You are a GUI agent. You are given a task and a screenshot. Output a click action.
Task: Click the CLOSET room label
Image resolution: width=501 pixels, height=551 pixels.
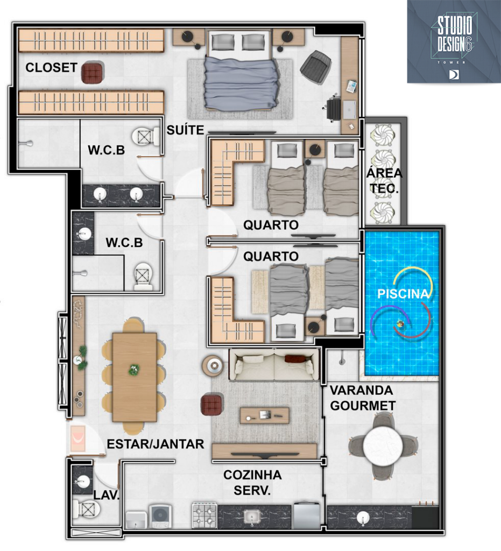tap(51, 67)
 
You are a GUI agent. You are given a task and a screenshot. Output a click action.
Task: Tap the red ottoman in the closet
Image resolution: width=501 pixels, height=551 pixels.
tap(92, 73)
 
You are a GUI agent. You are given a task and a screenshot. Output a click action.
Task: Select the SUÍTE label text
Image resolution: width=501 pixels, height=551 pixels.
tap(185, 130)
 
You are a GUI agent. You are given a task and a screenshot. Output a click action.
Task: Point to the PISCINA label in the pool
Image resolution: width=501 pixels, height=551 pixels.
tap(403, 294)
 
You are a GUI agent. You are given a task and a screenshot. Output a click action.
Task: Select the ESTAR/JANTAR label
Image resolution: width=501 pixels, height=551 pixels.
tap(156, 444)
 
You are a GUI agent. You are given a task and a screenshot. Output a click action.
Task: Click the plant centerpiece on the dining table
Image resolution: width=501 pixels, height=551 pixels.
tap(134, 369)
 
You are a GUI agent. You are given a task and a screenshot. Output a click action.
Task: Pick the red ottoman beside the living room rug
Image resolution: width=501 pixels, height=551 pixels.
tap(211, 405)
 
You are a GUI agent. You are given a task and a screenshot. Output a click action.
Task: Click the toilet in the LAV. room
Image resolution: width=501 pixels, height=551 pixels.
tap(87, 509)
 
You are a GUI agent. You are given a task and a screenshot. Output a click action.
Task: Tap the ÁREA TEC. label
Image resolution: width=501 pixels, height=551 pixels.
tap(384, 181)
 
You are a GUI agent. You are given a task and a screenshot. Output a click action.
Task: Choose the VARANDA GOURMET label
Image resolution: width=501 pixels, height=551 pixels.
tap(363, 398)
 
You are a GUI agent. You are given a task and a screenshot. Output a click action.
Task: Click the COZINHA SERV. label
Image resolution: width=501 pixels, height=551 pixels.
tap(252, 482)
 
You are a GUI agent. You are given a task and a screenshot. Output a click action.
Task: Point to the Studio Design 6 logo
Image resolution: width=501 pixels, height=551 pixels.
tap(454, 41)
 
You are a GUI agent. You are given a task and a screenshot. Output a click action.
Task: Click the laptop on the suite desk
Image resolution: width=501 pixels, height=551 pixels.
tap(349, 110)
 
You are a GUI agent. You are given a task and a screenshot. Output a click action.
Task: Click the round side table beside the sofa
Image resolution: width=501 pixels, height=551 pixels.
tap(213, 366)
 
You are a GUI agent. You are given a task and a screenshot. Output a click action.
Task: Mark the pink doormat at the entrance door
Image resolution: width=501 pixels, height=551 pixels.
tap(77, 438)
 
